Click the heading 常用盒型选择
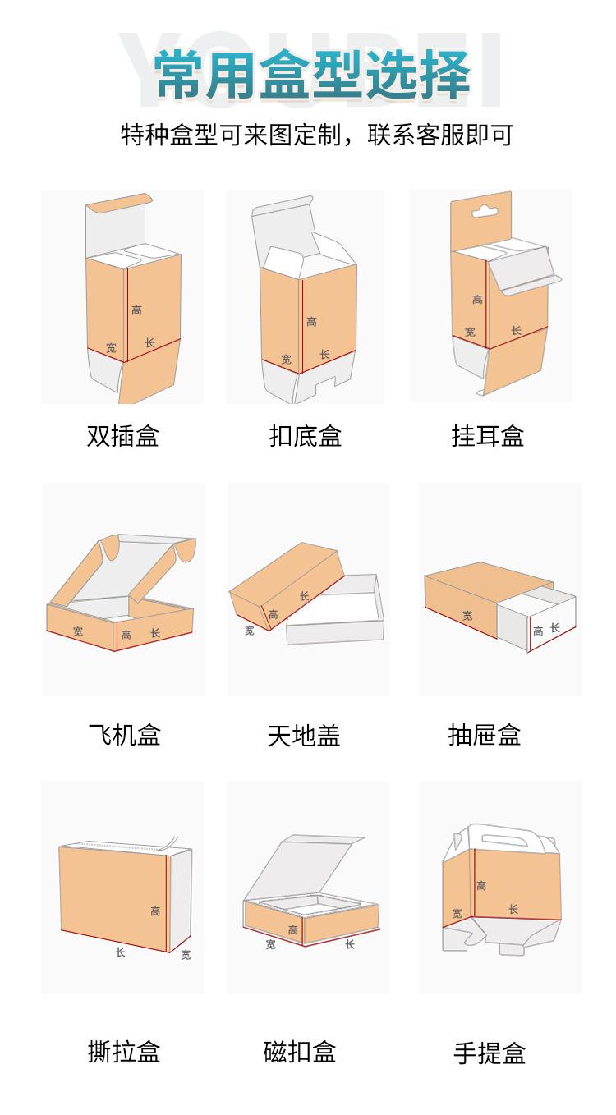pos(312,76)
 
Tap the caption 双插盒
pos(122,435)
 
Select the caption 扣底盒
pos(305,435)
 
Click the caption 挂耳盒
pos(487,435)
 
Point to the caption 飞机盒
pos(124,733)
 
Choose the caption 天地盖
pos(304,734)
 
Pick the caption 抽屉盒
pos(485,734)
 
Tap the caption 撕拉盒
pos(124,1052)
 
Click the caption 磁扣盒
pos(300,1052)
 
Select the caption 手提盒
pos(490,1053)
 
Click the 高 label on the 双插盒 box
pos(136,310)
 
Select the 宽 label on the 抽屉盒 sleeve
pos(467,615)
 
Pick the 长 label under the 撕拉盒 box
pos(120,952)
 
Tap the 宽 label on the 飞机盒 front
pos(78,631)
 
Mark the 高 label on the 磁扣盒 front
pos(293,930)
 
